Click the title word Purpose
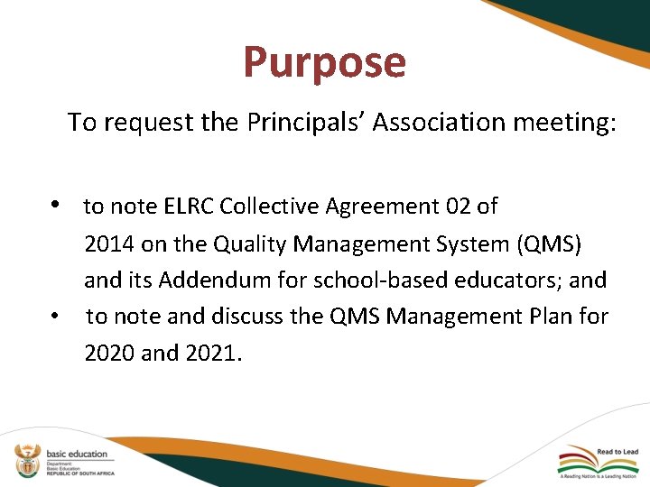(324, 63)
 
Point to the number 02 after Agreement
(459, 207)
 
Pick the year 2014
(109, 243)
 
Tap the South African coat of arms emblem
(28, 460)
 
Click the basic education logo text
(77, 454)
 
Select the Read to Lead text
(617, 452)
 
